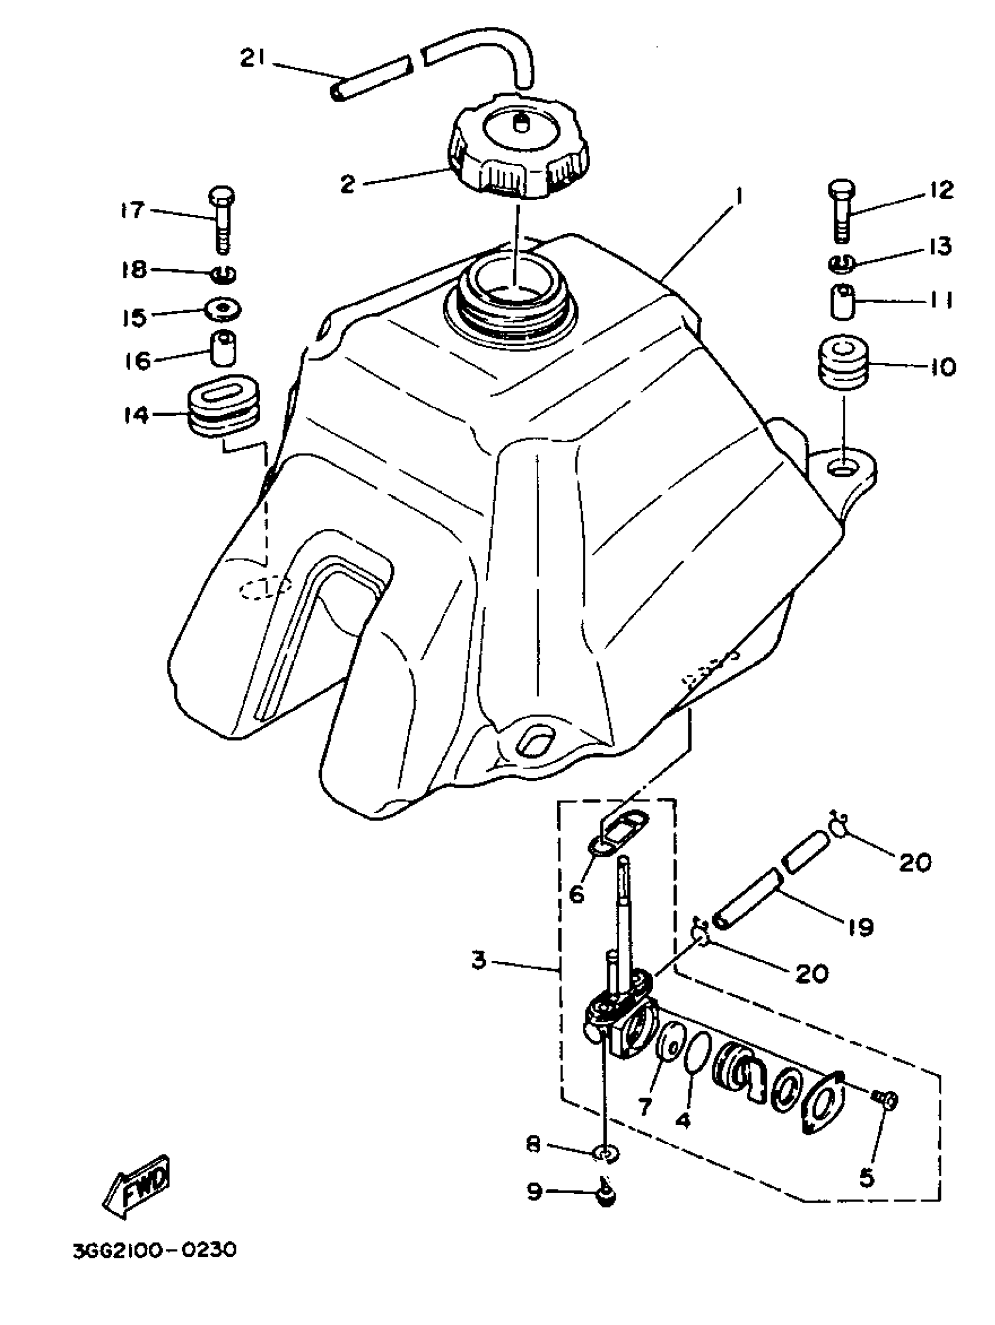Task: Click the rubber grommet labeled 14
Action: point(224,407)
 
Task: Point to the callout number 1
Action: point(739,195)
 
